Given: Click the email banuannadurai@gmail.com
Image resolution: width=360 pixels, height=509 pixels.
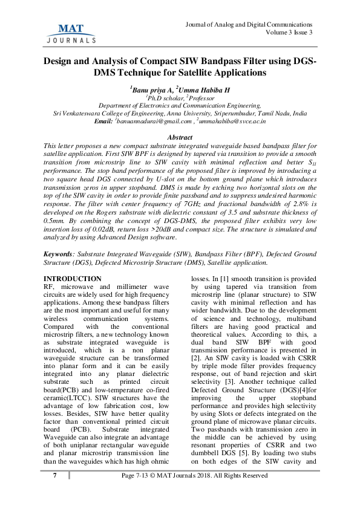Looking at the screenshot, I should pyautogui.click(x=151, y=121).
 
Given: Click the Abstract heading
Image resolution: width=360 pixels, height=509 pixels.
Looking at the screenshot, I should pyautogui.click(x=180, y=138).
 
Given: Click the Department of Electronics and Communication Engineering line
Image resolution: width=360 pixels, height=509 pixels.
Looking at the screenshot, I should pyautogui.click(x=180, y=105).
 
